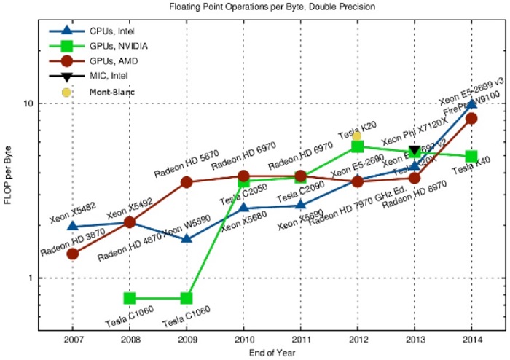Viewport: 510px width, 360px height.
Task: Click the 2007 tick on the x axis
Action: click(73, 339)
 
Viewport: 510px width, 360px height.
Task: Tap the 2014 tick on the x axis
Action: click(471, 339)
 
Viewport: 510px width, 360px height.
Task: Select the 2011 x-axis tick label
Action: click(300, 339)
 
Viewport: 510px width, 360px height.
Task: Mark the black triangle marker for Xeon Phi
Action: click(415, 150)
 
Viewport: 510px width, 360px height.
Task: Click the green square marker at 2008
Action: click(130, 298)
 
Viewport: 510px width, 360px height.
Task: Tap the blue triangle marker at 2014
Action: click(471, 103)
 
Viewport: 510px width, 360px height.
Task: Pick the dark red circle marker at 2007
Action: click(73, 254)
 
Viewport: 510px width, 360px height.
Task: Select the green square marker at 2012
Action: click(357, 146)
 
